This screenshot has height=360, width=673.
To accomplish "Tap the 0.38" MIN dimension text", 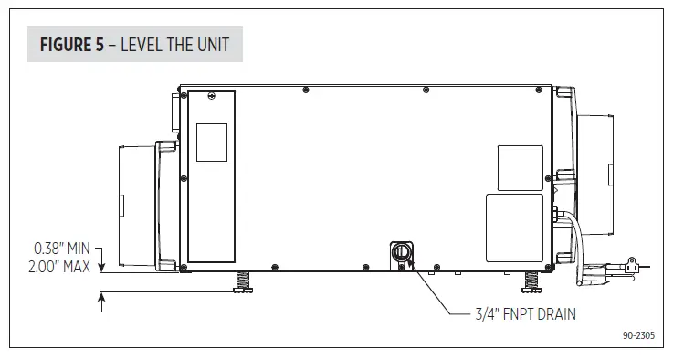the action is point(61,248).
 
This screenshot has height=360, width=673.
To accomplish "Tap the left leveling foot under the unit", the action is point(243,282).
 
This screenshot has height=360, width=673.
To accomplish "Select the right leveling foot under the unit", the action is point(530,282).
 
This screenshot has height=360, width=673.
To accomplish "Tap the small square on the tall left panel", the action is point(212,143).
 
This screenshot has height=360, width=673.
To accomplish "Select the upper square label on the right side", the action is point(520,168).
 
